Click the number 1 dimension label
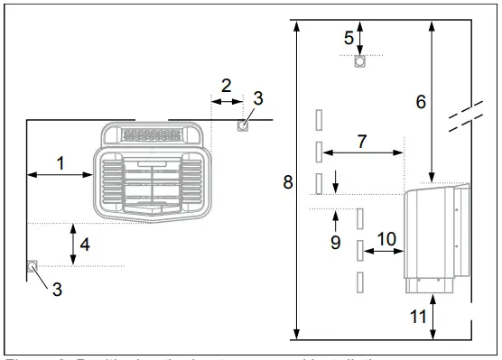pyautogui.click(x=60, y=163)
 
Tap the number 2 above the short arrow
pyautogui.click(x=228, y=87)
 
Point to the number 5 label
pyautogui.click(x=349, y=37)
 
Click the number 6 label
pyautogui.click(x=420, y=102)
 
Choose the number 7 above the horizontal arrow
pyautogui.click(x=361, y=141)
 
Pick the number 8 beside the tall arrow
pyautogui.click(x=288, y=182)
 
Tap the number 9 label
pyautogui.click(x=335, y=242)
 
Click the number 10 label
pyautogui.click(x=386, y=239)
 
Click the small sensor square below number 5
pyautogui.click(x=359, y=63)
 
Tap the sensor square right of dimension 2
pyautogui.click(x=242, y=125)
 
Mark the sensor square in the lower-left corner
pyautogui.click(x=32, y=266)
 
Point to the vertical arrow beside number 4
pyautogui.click(x=73, y=245)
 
